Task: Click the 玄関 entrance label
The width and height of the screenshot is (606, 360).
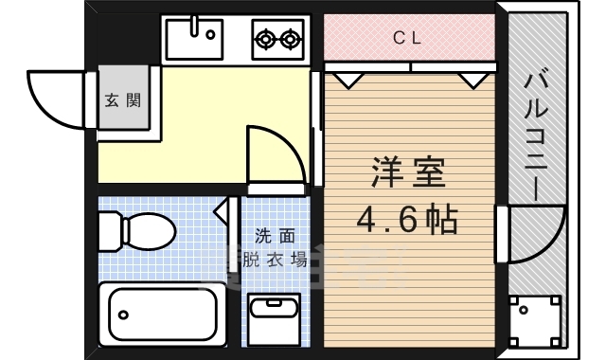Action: point(123,99)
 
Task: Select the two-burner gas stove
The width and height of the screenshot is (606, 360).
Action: point(277,39)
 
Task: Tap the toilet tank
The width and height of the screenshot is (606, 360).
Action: point(110,228)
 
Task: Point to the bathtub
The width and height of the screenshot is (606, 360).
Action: point(161,311)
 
